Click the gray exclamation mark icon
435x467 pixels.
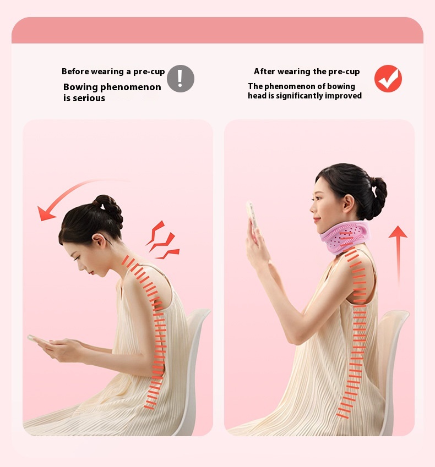(x=181, y=79)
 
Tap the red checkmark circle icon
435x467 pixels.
(x=388, y=79)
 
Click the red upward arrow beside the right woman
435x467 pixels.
(x=398, y=256)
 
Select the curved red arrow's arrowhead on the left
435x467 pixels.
(x=45, y=213)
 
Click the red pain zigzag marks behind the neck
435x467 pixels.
(x=163, y=240)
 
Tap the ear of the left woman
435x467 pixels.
(x=99, y=240)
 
